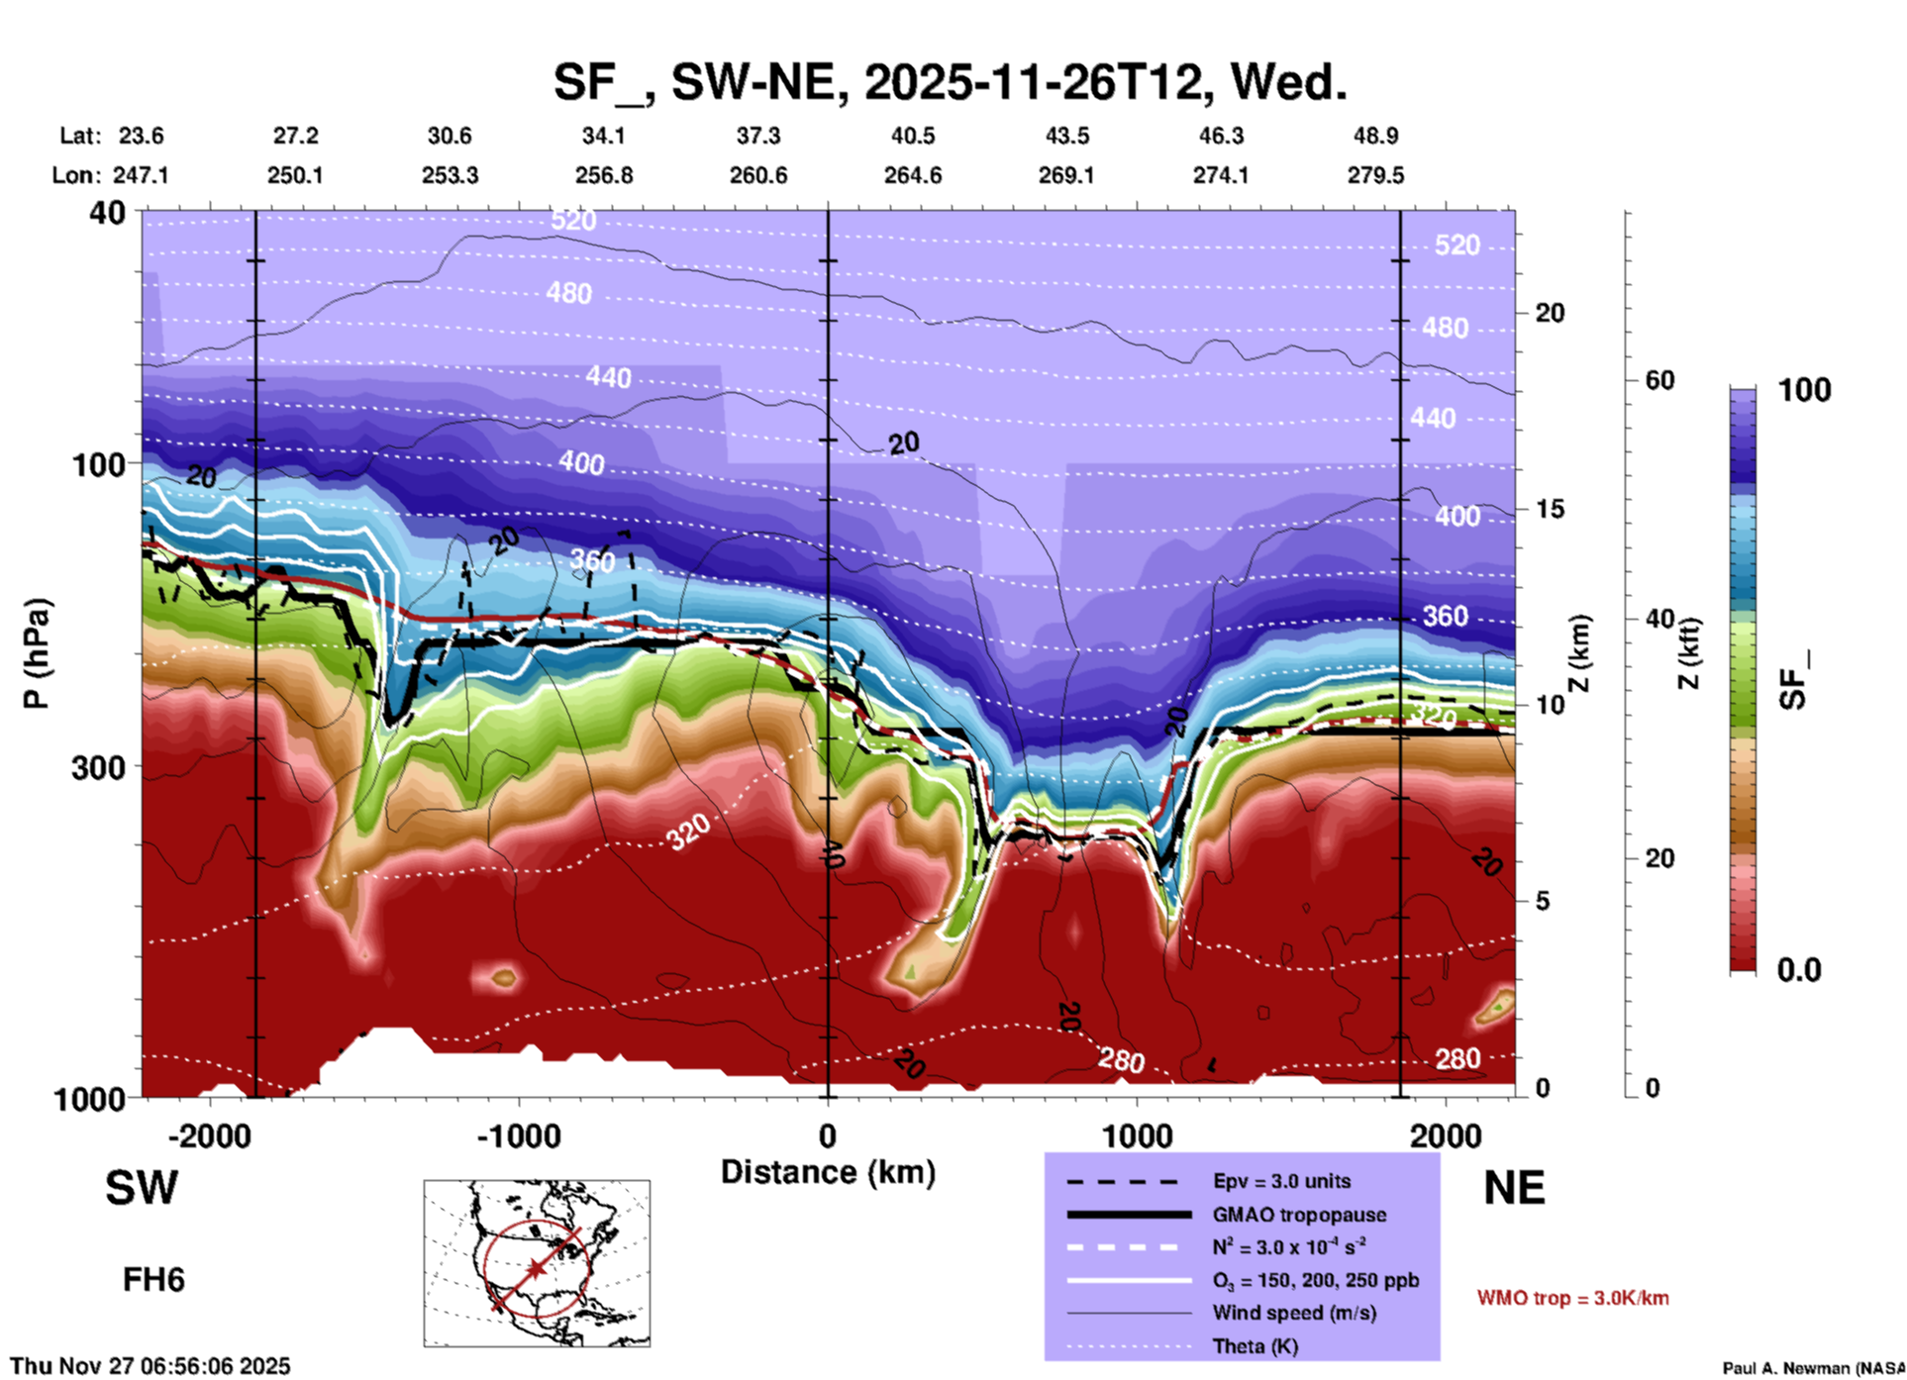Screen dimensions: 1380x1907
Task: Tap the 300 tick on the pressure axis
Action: (99, 767)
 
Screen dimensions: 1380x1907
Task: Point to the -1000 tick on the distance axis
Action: (519, 1135)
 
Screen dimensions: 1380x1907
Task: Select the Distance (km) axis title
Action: (828, 1172)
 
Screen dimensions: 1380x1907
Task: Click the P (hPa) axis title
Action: (37, 653)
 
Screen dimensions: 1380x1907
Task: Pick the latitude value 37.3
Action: (757, 136)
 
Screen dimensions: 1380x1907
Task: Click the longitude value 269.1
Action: (1066, 175)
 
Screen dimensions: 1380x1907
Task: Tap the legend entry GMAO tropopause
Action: (1299, 1215)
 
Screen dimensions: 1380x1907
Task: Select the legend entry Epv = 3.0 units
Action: (1281, 1181)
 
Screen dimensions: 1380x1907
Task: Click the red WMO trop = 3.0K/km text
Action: (1572, 1298)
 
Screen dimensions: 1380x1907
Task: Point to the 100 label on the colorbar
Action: (1804, 390)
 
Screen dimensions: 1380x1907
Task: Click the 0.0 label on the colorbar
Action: (1799, 970)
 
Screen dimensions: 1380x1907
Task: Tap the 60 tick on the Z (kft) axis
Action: (1659, 380)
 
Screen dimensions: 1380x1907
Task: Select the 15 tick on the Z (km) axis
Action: (1550, 509)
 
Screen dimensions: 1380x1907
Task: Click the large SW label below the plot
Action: (142, 1188)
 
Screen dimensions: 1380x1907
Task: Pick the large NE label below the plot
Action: (1514, 1188)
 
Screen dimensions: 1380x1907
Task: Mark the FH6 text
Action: (153, 1280)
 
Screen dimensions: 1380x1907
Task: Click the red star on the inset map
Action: (536, 1268)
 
